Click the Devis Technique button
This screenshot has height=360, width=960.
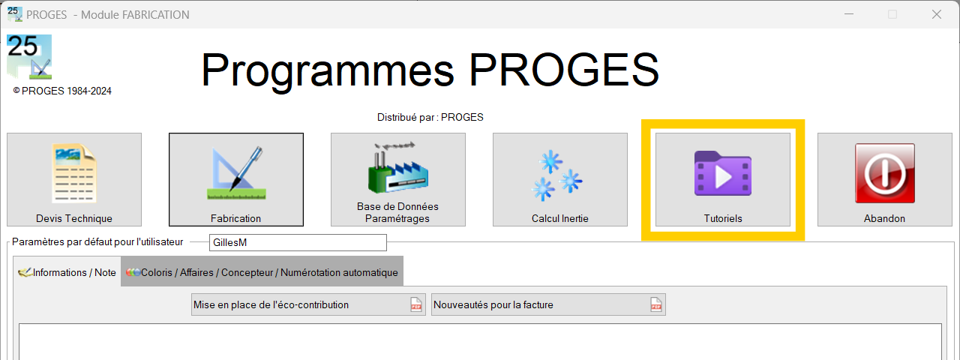(x=74, y=179)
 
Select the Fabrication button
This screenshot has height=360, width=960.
(x=236, y=179)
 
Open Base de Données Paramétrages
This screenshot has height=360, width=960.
(x=398, y=179)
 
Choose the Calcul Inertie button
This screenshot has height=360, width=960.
(x=560, y=179)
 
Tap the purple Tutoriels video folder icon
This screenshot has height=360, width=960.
(x=723, y=173)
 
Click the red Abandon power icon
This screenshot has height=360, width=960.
(x=885, y=173)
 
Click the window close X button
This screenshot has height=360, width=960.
(x=937, y=14)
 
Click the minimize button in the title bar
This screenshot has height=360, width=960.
(x=849, y=14)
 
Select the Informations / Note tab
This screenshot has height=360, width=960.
(x=67, y=272)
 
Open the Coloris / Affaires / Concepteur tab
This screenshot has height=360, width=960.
(x=262, y=272)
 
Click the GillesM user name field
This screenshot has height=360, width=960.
(x=298, y=242)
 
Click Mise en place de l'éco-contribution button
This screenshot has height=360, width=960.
(x=308, y=304)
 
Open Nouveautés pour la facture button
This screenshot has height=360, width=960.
(x=548, y=304)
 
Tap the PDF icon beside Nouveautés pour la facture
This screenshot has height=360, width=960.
(x=655, y=304)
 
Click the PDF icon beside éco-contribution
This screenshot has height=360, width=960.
(x=415, y=304)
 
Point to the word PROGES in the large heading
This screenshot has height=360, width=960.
(x=564, y=70)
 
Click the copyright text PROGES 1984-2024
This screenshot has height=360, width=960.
(x=62, y=91)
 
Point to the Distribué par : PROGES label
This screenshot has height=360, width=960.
(x=430, y=118)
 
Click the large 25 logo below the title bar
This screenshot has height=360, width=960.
(x=29, y=57)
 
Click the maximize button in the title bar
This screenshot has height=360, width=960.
(x=892, y=14)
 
